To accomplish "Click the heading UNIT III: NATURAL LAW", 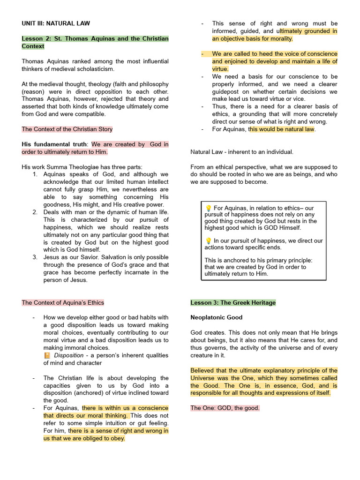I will click(x=56, y=23).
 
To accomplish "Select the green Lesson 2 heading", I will click(x=95, y=42).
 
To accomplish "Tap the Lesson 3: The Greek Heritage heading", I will click(x=233, y=302).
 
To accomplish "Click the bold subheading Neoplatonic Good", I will click(x=216, y=317).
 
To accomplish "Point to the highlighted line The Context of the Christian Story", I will click(x=67, y=129).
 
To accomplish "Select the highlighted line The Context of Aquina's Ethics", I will click(x=63, y=302).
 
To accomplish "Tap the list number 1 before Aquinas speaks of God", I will click(x=35, y=174).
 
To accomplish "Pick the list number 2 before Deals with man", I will click(x=35, y=212).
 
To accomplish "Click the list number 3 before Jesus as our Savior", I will click(x=35, y=257).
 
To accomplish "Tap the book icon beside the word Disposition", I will click(x=47, y=355).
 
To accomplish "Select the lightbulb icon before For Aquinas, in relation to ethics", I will click(x=208, y=208).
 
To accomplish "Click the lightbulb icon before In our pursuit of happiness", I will click(x=208, y=241).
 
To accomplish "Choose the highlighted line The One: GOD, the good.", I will click(x=225, y=408).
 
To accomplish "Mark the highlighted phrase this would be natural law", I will click(x=283, y=129).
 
